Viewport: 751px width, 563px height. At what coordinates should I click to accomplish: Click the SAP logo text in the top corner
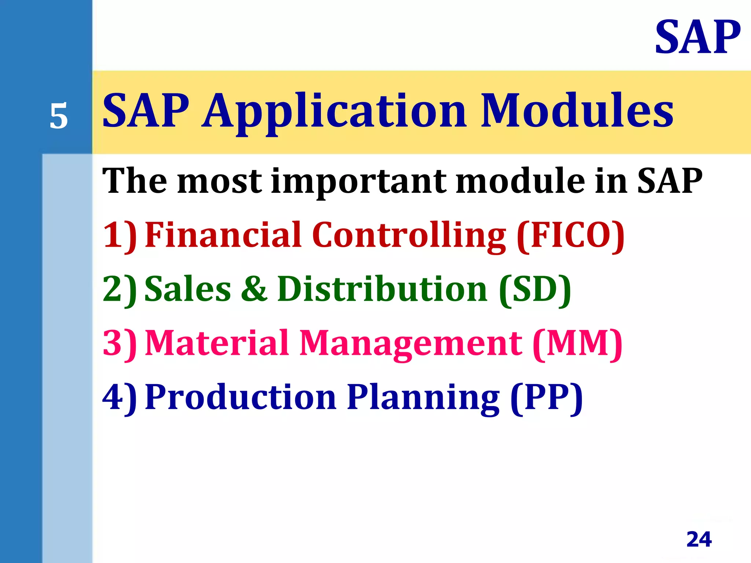[x=697, y=37]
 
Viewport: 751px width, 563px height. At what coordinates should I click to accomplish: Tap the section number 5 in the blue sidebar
[x=59, y=116]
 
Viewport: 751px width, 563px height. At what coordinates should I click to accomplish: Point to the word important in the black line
[x=359, y=181]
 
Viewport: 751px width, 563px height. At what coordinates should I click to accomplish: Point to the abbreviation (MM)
[x=578, y=343]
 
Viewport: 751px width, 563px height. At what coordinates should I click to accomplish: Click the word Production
[x=241, y=397]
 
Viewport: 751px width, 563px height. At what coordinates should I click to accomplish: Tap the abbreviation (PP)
[x=546, y=398]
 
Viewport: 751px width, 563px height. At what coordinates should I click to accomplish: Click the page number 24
[x=699, y=539]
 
